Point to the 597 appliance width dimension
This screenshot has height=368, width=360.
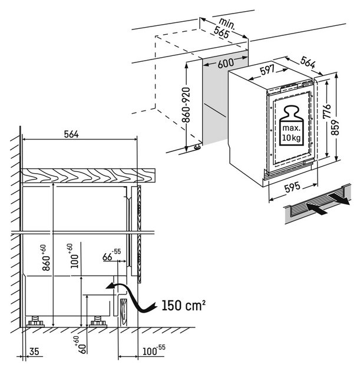[x=266, y=71]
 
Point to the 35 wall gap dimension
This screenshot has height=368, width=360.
[x=34, y=352]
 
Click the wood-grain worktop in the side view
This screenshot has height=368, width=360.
[x=88, y=175]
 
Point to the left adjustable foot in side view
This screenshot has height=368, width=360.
[x=37, y=321]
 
